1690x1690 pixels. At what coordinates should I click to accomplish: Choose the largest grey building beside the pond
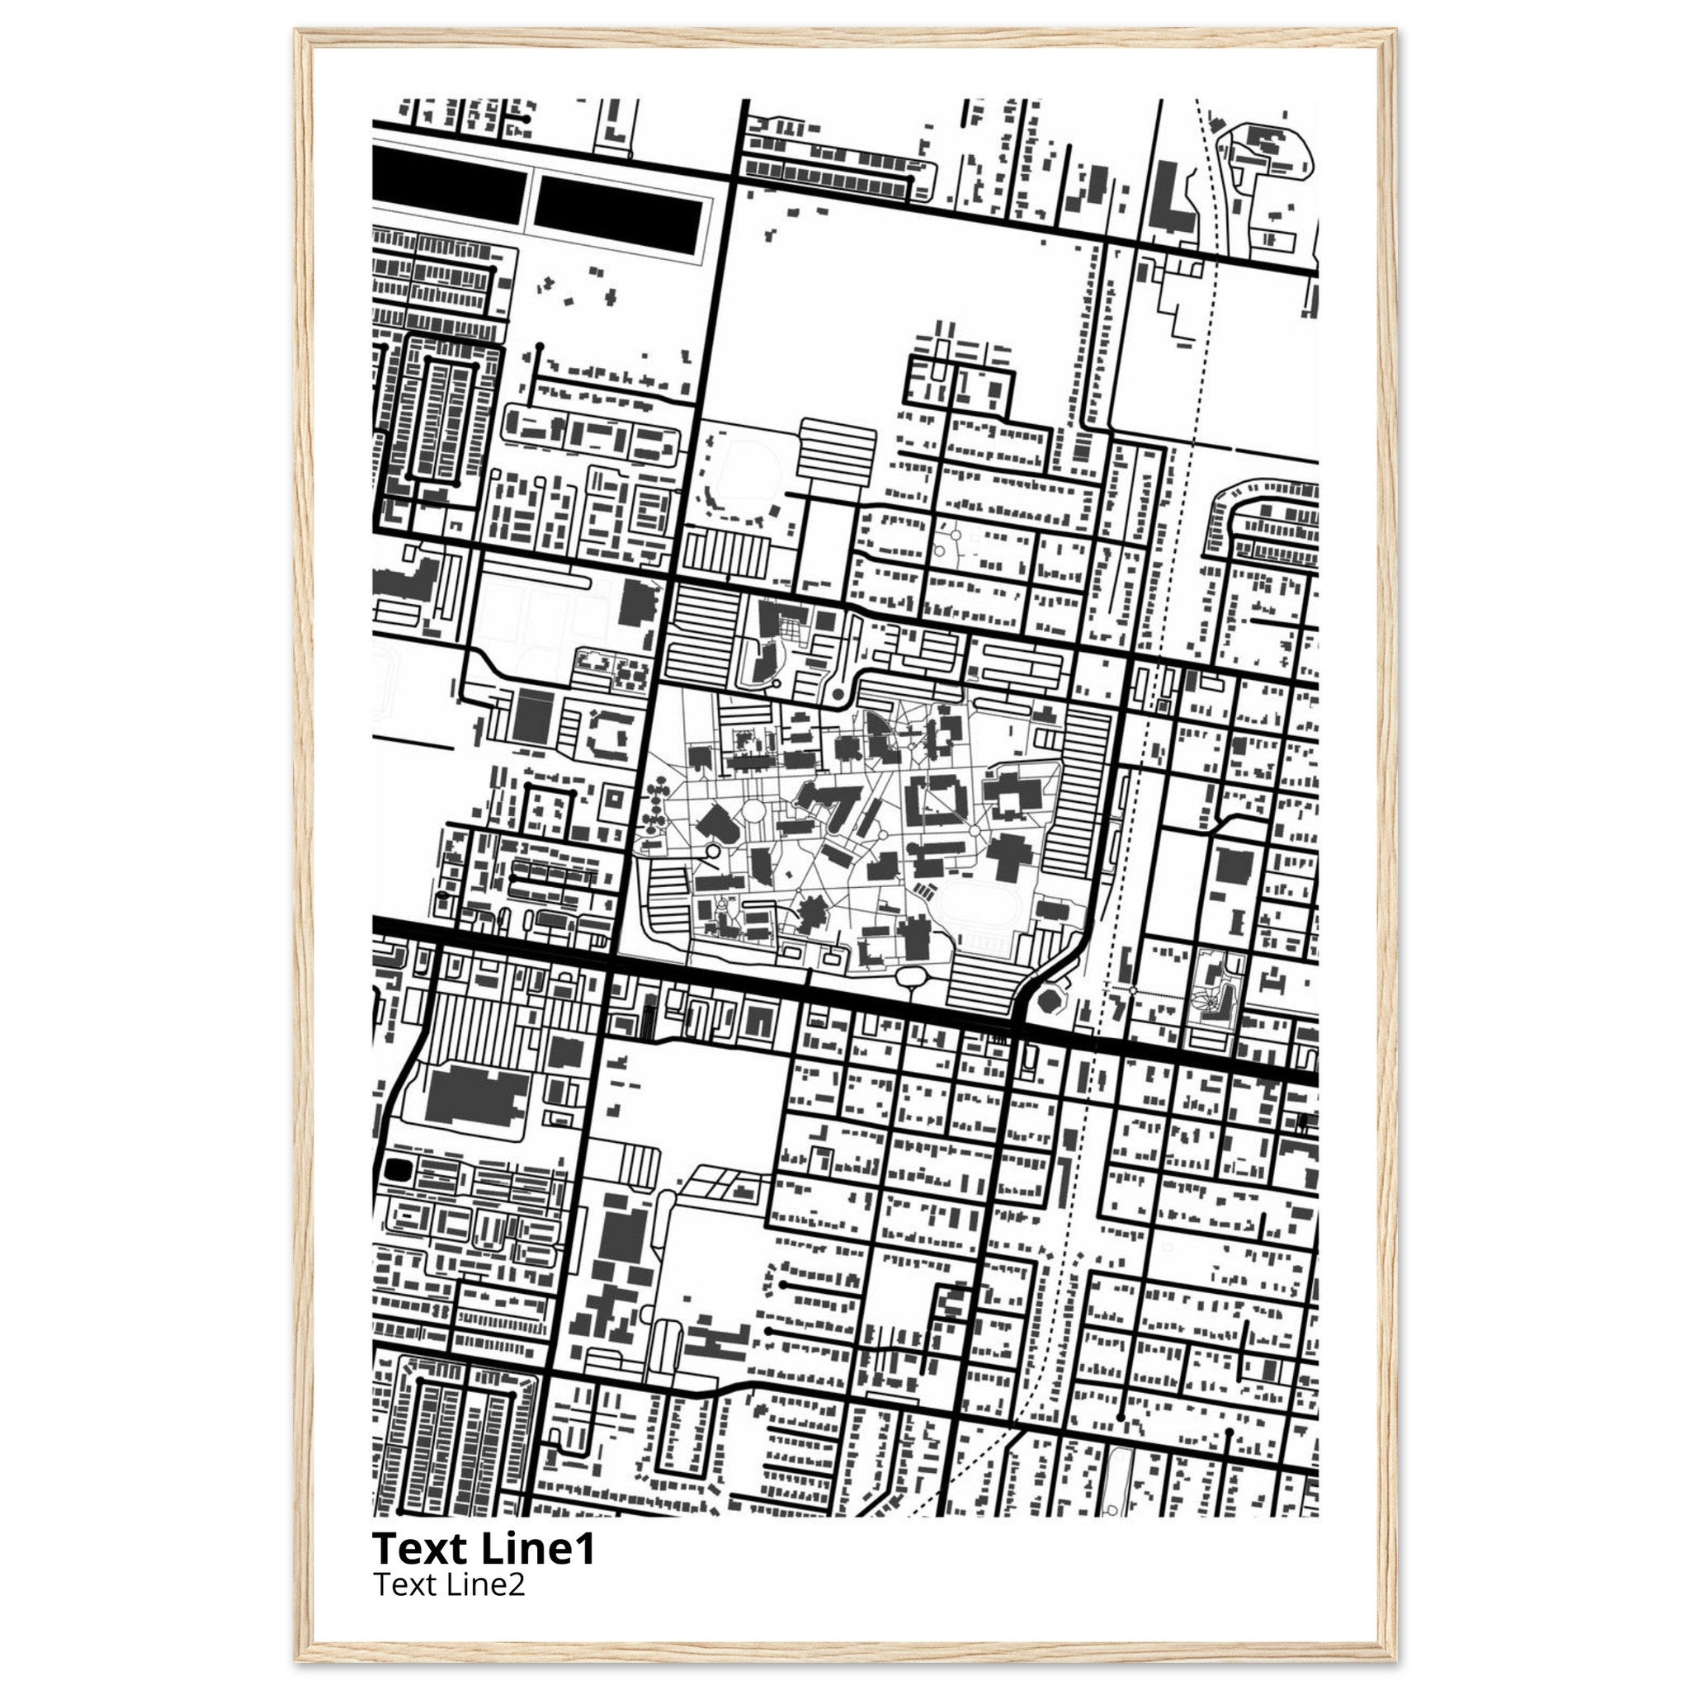(x=478, y=1093)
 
